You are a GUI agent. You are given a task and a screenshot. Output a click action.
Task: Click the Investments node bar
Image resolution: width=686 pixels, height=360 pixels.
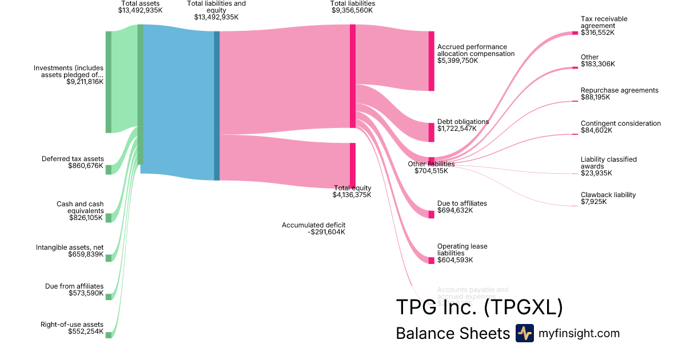pos(108,82)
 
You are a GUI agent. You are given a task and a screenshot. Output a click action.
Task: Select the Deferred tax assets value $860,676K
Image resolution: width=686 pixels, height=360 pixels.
pos(86,166)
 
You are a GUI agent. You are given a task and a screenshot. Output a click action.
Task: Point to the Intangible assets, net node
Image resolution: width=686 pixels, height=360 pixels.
pos(108,258)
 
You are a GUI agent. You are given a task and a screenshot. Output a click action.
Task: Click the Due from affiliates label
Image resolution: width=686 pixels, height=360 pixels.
pos(74,286)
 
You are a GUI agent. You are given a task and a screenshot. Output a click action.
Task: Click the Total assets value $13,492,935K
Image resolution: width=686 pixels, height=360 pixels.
pos(141,10)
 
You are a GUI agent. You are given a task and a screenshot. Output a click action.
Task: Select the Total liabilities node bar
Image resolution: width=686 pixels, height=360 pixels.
pos(353,76)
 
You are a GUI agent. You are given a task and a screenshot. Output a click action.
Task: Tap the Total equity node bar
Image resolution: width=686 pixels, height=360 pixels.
pos(353,165)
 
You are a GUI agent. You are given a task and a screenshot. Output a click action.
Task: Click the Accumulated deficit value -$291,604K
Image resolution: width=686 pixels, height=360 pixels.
pos(326,232)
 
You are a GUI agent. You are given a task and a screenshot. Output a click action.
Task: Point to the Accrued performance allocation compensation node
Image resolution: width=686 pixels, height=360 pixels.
pos(431,61)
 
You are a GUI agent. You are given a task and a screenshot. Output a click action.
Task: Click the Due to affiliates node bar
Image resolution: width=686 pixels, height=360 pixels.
pos(431,214)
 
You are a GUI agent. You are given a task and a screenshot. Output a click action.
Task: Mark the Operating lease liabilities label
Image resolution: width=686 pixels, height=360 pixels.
pos(462,250)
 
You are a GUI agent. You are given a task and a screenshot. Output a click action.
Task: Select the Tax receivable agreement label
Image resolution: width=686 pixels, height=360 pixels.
pos(604,22)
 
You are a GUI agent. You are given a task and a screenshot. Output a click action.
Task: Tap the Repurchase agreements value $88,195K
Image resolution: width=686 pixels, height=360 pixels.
pos(595,97)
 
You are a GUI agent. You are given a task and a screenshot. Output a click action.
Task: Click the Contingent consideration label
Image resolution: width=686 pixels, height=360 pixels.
pos(620,123)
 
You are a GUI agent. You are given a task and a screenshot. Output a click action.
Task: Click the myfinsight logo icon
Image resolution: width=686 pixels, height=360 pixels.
pos(524,333)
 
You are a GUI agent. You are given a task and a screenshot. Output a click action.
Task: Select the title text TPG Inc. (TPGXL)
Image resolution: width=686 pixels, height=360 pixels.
pos(479,307)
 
